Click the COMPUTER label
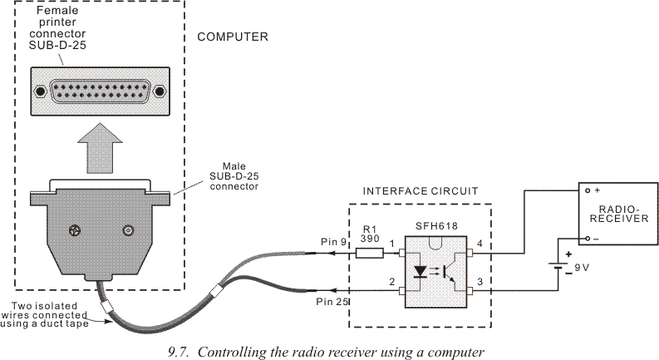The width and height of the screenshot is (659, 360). pyautogui.click(x=232, y=37)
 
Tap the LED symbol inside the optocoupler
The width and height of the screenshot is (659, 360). pyautogui.click(x=422, y=270)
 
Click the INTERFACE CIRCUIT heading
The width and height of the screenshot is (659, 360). pyautogui.click(x=420, y=190)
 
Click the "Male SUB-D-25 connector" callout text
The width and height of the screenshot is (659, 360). pyautogui.click(x=234, y=175)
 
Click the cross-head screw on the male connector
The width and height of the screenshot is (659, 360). pyautogui.click(x=75, y=230)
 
